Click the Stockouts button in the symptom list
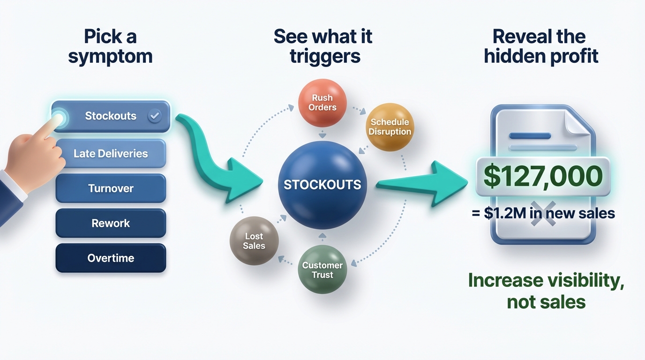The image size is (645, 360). [111, 116]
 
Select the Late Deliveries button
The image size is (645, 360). [111, 154]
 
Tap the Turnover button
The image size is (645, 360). [111, 188]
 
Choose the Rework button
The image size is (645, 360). [111, 223]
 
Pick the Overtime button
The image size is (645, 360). [111, 258]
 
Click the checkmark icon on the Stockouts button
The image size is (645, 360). [154, 116]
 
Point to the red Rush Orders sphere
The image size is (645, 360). [322, 103]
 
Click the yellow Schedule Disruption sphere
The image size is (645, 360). [390, 127]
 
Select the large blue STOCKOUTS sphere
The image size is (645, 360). [322, 185]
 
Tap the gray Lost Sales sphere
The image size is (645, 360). [254, 241]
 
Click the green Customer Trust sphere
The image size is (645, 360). [322, 270]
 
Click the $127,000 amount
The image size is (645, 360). [543, 176]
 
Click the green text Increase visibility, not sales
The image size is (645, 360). [546, 291]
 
